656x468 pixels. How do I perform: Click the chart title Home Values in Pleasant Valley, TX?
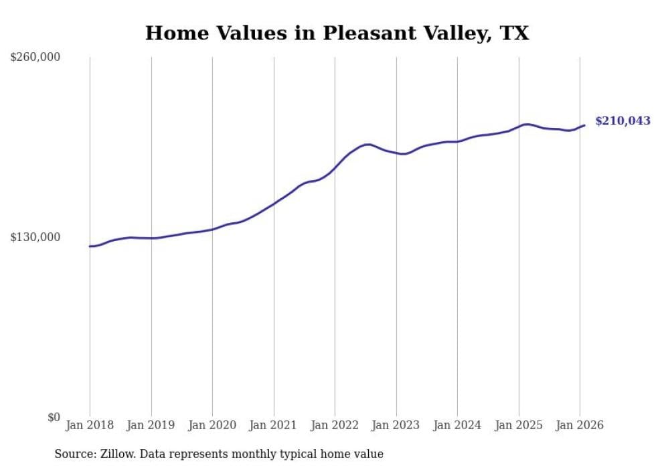[337, 33]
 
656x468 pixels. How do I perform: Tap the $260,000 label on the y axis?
[35, 58]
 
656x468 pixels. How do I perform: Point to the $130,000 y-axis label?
[35, 238]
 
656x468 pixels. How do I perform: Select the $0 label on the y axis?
[54, 418]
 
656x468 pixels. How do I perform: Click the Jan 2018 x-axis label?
[90, 425]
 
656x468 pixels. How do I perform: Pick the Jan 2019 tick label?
[151, 425]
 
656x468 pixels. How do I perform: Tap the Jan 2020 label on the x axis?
[212, 425]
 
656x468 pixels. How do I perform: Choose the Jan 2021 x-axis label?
[273, 425]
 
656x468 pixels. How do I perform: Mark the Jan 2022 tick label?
[335, 425]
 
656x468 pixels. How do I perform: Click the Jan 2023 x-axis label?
[396, 425]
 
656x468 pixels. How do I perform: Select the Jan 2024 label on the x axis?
[457, 425]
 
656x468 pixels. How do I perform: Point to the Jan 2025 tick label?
[518, 425]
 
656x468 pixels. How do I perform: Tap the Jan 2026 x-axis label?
[580, 425]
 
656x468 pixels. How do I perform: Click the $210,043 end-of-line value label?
[623, 121]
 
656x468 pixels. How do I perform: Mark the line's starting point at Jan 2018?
[90, 246]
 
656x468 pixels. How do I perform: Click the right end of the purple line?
[584, 125]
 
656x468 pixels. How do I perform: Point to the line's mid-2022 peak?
[367, 144]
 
